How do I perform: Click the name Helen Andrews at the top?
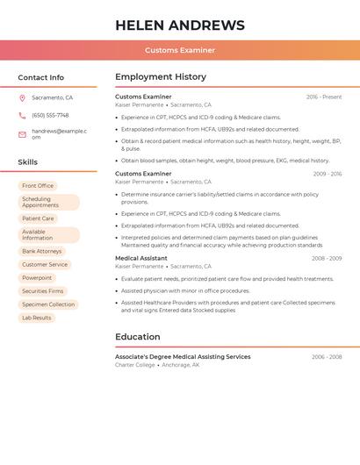pos(180,25)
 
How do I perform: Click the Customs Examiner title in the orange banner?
pos(180,50)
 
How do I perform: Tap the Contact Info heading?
pos(41,77)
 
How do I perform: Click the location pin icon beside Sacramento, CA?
pos(22,97)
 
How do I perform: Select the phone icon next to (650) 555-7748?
pos(22,115)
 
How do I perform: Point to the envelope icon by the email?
pos(22,134)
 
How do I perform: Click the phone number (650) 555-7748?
pos(50,115)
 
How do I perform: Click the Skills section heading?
pos(28,162)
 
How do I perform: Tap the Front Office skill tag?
pos(38,186)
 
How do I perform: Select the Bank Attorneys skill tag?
pos(42,251)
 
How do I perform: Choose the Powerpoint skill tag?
pos(37,278)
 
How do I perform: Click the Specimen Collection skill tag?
pos(48,304)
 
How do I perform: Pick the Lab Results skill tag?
pos(37,318)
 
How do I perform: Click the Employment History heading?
pos(161,77)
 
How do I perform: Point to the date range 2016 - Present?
pos(324,97)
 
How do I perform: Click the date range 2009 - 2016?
pos(327,174)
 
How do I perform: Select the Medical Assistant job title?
pos(141,258)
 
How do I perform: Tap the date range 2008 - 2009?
pos(327,258)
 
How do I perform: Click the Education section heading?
pos(138,337)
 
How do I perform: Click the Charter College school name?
pos(135,365)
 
